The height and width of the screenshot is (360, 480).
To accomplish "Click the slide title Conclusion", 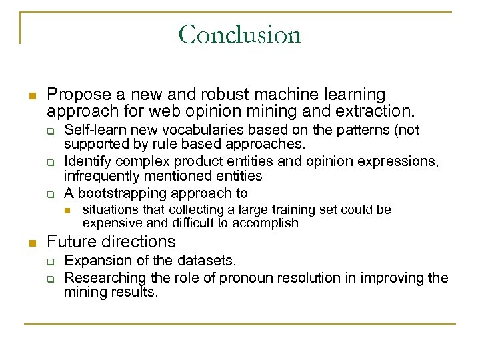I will [240, 34].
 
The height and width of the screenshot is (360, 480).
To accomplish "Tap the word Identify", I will [85, 162].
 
